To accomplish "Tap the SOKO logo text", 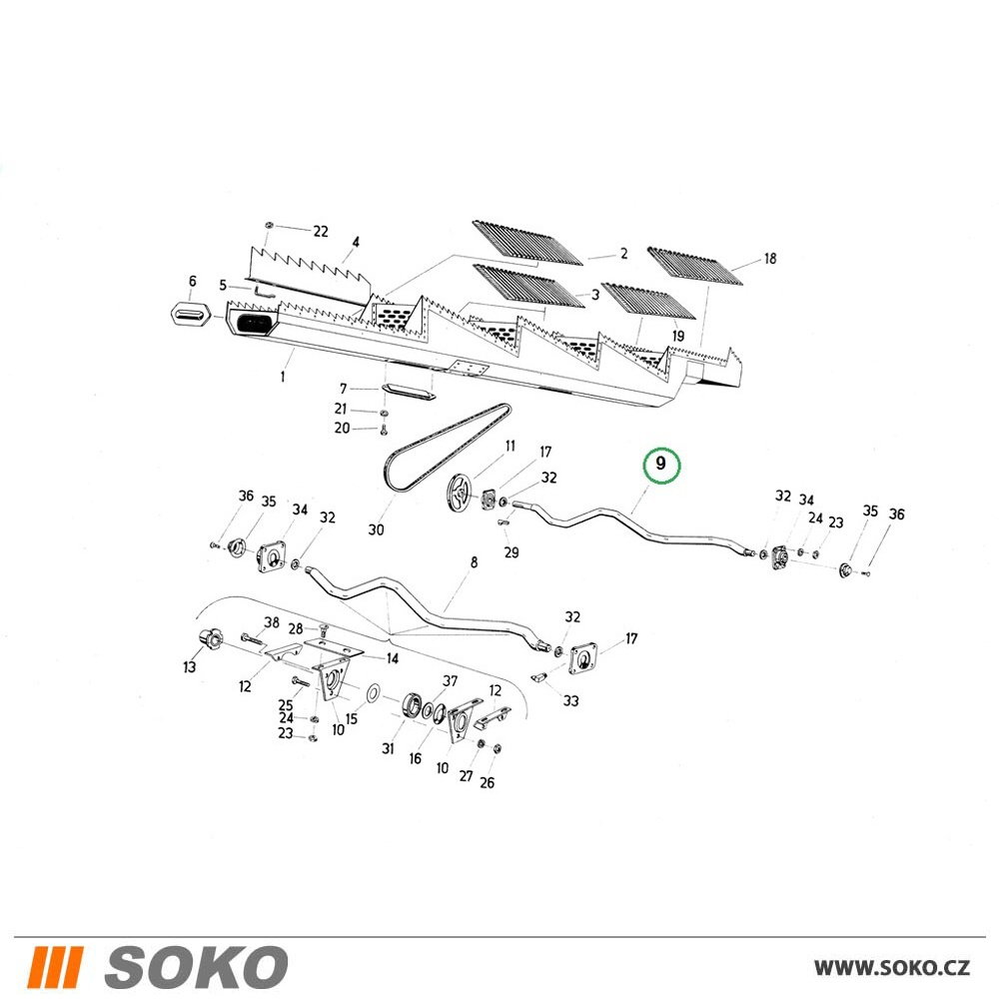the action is pyautogui.click(x=196, y=966).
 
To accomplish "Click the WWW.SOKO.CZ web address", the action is pyautogui.click(x=892, y=968).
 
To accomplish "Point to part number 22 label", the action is pyautogui.click(x=321, y=232).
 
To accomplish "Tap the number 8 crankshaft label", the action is pyautogui.click(x=474, y=562).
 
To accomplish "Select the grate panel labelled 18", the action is pyautogui.click(x=695, y=267).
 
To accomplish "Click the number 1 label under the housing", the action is pyautogui.click(x=283, y=377).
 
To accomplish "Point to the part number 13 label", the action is pyautogui.click(x=189, y=667).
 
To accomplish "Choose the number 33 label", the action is pyautogui.click(x=570, y=701).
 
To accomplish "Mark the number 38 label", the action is pyautogui.click(x=272, y=622).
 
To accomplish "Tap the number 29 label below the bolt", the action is pyautogui.click(x=510, y=552).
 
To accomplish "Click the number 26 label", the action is pyautogui.click(x=487, y=782).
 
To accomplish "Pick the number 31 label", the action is pyautogui.click(x=388, y=748).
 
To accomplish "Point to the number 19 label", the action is pyautogui.click(x=677, y=336).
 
